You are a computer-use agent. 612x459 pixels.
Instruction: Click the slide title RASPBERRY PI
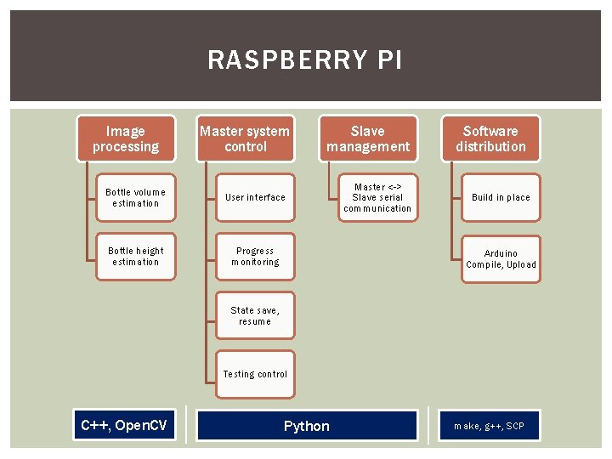coord(305,60)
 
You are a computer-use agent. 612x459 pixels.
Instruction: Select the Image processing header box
coord(126,139)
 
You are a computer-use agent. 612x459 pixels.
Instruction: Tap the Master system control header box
coord(245,139)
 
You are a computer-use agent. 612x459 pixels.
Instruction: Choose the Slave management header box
coord(368,139)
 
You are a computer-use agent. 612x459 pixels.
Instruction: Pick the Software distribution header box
coord(490,139)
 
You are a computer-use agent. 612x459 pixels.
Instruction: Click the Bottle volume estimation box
coord(135,197)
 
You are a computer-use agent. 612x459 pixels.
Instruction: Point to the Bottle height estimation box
coord(135,257)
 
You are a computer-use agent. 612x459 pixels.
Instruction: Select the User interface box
coord(255,197)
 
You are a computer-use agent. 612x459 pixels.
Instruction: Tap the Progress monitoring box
coord(255,257)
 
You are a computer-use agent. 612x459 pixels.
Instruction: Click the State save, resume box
coord(255,315)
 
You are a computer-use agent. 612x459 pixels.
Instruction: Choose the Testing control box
coord(255,374)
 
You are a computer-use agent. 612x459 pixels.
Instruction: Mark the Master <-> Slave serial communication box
coord(377,197)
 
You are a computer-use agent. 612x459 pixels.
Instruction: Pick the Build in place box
coord(501,197)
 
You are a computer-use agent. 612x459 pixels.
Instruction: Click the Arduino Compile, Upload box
coord(501,258)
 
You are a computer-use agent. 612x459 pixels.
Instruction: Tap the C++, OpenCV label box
coord(124,425)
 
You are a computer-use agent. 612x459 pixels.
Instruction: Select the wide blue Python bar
coord(307,426)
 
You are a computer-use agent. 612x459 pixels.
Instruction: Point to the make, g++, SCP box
coord(489,426)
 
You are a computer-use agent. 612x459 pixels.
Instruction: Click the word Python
coord(307,426)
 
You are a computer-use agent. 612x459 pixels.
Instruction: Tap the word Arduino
coord(501,253)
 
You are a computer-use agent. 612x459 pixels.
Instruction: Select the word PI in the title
coord(385,60)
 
